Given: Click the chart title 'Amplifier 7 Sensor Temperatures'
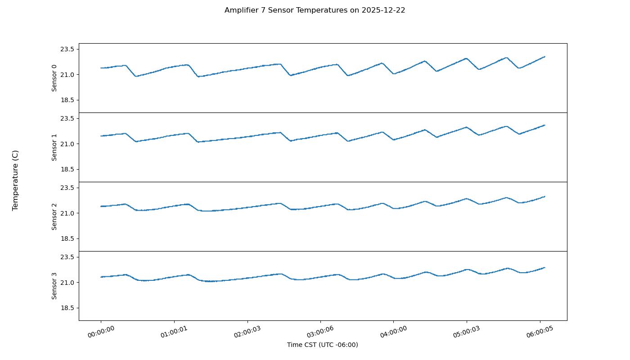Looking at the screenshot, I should (x=315, y=10).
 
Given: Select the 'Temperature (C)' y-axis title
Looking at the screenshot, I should (x=15, y=180).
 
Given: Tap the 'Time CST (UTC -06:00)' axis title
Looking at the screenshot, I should (x=323, y=345).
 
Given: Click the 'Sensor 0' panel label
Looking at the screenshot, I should (x=54, y=78).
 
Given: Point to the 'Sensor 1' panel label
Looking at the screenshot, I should (x=54, y=147).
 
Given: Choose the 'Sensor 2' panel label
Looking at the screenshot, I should (x=54, y=216).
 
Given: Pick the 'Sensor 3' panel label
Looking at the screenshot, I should (x=54, y=286).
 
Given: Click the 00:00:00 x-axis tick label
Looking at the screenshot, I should (x=101, y=332).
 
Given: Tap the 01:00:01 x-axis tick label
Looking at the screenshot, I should (x=174, y=332).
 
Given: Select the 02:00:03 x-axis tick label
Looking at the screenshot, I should (x=247, y=332).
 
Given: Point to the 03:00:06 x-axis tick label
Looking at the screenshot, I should (x=320, y=332).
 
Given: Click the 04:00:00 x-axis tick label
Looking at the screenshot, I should (x=394, y=332).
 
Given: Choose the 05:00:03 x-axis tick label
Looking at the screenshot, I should (x=467, y=332).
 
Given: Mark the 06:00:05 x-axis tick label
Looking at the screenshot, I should (x=540, y=332).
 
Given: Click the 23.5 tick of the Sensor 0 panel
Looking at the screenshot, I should (x=67, y=49).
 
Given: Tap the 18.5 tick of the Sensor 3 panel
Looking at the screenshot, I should (x=67, y=308).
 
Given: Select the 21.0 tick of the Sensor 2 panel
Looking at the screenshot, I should (x=67, y=213).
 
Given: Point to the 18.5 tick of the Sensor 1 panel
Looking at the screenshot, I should (x=67, y=169).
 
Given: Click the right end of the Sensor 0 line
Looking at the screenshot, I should (x=544, y=57).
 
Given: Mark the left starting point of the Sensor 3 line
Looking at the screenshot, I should (x=101, y=277).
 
